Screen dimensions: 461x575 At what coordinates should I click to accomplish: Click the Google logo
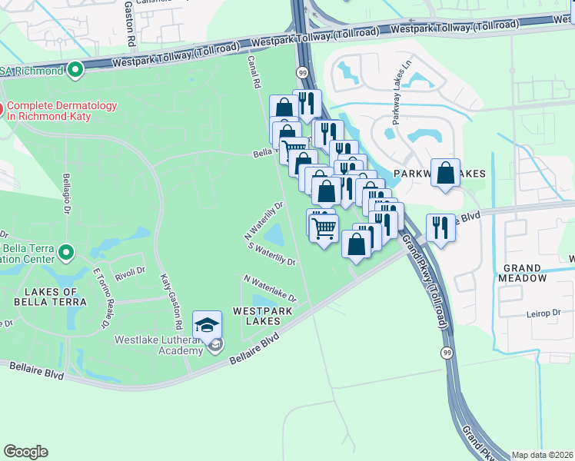coord(25,452)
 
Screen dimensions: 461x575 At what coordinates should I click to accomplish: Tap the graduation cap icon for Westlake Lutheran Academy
coord(207,325)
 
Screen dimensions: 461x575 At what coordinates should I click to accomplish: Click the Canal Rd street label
coord(254,71)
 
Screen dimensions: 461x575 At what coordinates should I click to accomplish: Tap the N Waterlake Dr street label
coord(270,288)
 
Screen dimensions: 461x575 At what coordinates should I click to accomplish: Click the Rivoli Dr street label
coord(129,270)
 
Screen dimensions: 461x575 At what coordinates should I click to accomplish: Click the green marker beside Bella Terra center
coord(66,251)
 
